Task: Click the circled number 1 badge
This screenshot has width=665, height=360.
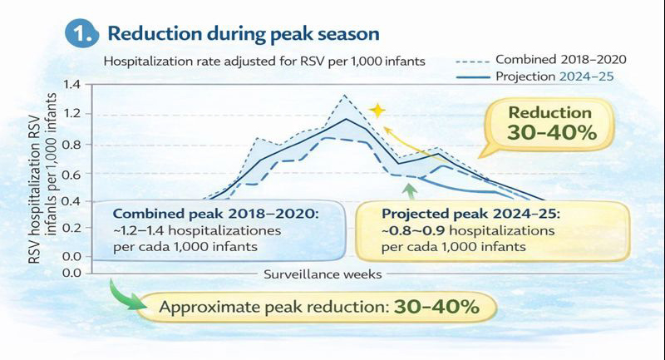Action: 79,34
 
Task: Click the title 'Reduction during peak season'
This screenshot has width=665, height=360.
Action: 244,34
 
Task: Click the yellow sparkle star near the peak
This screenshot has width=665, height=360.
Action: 378,111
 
